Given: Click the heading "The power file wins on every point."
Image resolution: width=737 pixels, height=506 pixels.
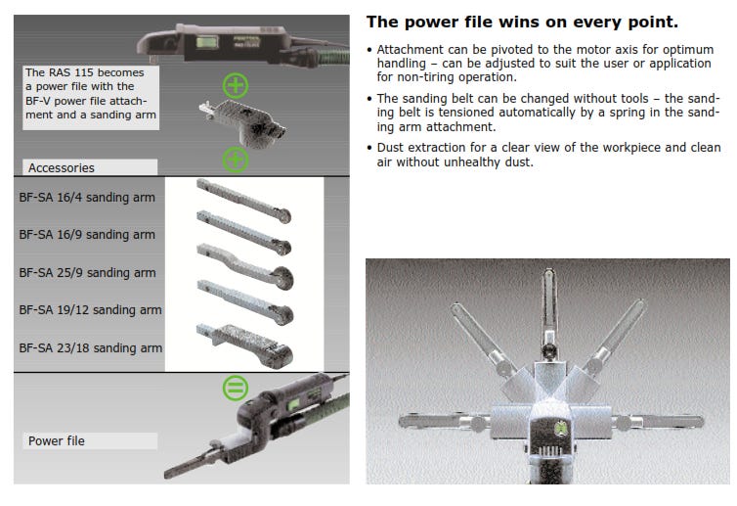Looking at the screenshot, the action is click(522, 23).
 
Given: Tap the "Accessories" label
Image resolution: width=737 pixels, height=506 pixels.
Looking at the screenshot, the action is click(62, 168).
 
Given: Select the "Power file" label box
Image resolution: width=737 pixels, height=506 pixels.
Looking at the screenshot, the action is click(90, 441).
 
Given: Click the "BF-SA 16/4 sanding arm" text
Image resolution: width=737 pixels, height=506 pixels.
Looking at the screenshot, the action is click(87, 198).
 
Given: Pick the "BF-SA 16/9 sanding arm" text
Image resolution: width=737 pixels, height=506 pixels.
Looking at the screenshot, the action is click(87, 235).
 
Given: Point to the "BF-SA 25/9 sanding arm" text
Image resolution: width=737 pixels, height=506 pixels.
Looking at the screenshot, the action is click(87, 272).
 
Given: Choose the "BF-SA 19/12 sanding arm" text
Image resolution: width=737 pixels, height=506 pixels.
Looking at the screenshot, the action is click(90, 309).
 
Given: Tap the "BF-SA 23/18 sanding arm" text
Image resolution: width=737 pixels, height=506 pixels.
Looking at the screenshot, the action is click(91, 347).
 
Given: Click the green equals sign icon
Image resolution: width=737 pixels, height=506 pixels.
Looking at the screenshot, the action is click(236, 388).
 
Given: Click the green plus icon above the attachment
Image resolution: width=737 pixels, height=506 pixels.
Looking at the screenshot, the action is click(236, 85).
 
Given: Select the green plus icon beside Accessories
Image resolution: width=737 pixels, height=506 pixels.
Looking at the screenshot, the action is click(236, 160).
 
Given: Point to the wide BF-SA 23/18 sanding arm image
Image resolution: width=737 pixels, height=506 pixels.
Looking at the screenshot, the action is click(245, 345).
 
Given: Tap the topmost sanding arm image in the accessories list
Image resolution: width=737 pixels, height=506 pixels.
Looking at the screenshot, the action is click(244, 201).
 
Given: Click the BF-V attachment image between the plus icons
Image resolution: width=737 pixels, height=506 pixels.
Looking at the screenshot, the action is click(243, 121).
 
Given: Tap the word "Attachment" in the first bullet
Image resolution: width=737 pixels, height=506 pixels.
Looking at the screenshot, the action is click(410, 49).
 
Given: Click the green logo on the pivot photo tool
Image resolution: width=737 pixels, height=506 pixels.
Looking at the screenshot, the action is click(561, 429).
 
